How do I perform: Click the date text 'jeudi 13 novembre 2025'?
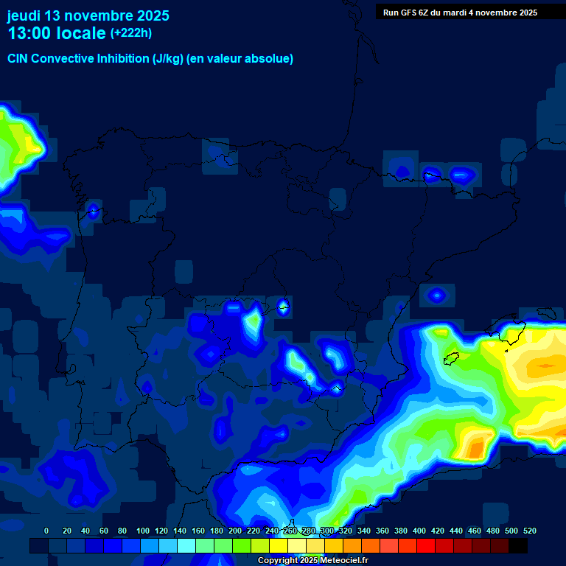(88, 15)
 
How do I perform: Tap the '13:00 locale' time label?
(57, 33)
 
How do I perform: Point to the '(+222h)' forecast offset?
(130, 32)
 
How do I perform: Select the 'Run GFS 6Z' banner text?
(460, 13)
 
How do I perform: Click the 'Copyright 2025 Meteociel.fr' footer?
(312, 561)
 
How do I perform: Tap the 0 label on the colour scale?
(46, 531)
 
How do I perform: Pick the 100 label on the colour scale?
(143, 531)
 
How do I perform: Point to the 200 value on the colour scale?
(235, 531)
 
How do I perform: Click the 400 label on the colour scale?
(419, 531)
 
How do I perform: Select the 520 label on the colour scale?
(529, 531)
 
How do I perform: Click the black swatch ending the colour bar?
(518, 546)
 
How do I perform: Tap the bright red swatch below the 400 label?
(426, 546)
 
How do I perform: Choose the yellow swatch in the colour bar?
(279, 546)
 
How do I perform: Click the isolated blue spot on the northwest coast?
(94, 212)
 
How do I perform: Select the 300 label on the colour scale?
(327, 531)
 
